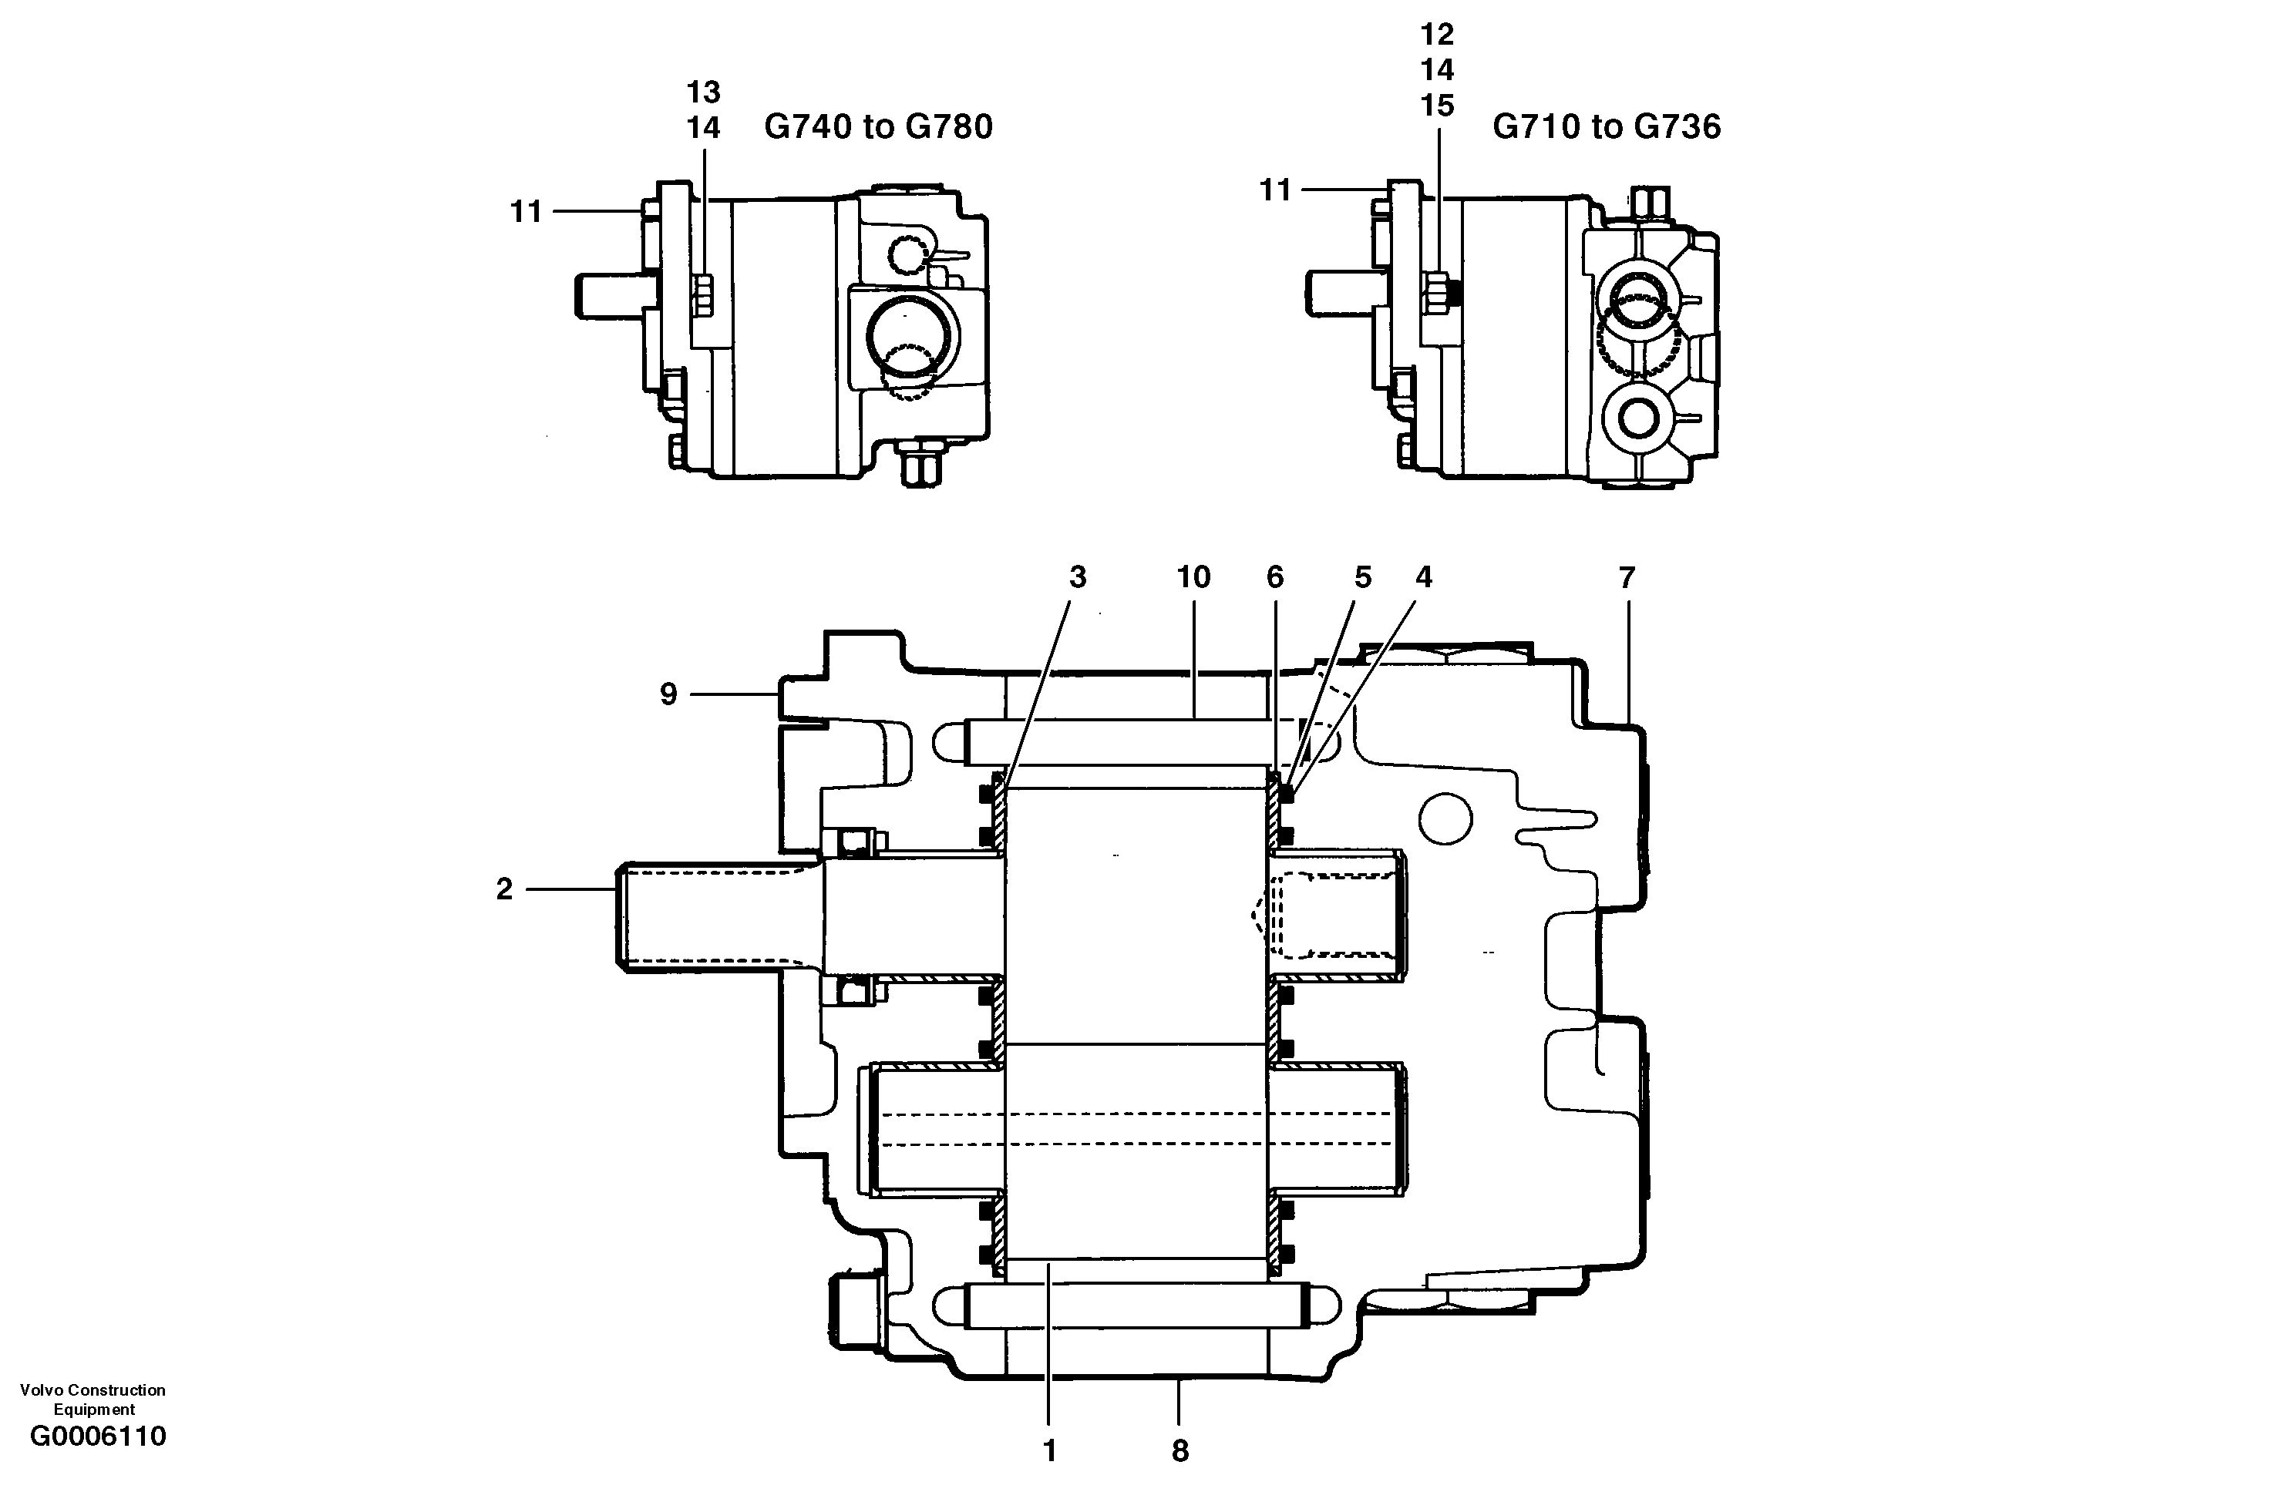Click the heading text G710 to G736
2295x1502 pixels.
[1606, 126]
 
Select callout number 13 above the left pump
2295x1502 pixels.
[703, 92]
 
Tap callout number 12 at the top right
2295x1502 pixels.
[1436, 35]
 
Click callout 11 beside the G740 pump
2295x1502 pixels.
[526, 211]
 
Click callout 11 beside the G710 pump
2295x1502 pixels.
[1275, 190]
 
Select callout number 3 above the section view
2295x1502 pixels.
[1077, 576]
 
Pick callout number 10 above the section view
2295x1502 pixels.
[1193, 576]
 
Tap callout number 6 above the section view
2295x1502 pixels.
[1275, 576]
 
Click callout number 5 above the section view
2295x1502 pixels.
[1361, 576]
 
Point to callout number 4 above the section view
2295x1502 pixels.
[1423, 576]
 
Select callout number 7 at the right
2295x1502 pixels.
[1627, 577]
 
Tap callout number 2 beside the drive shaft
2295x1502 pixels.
[504, 889]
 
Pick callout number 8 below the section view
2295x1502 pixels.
[1180, 1451]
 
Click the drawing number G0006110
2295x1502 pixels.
[97, 1436]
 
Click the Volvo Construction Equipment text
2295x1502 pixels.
[93, 1399]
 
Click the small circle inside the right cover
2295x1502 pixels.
[1445, 818]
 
